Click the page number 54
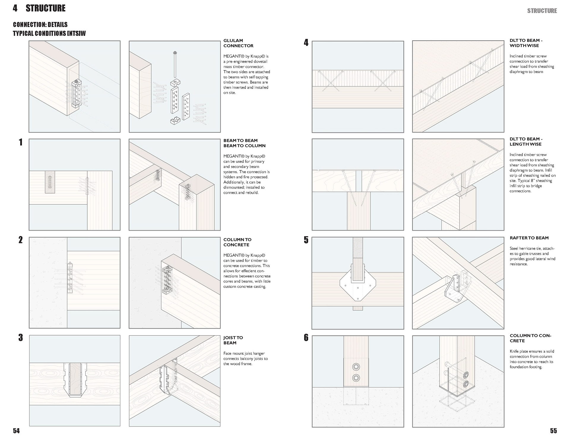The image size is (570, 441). [x=16, y=431]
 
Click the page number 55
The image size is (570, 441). [x=553, y=431]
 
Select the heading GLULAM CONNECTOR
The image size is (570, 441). [x=238, y=43]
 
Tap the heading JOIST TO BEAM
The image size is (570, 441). [x=233, y=340]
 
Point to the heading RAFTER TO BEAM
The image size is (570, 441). [x=529, y=238]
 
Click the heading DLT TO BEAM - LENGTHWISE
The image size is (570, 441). [x=526, y=141]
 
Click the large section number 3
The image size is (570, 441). [x=20, y=338]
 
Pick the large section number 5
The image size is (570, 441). [x=306, y=240]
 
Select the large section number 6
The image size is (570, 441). [x=306, y=338]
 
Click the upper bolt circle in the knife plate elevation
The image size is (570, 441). [x=356, y=367]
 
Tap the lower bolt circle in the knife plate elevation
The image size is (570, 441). [x=356, y=378]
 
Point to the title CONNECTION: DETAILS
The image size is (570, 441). [x=40, y=24]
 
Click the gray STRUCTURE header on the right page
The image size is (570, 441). [x=542, y=11]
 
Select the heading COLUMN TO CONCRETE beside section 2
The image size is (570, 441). [x=237, y=242]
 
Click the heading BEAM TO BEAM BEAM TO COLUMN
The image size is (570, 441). [x=244, y=143]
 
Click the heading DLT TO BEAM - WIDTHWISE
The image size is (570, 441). [x=526, y=43]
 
